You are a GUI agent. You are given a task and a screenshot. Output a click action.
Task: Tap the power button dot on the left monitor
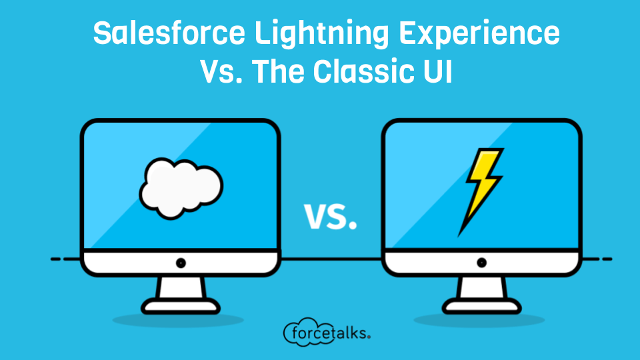(181, 263)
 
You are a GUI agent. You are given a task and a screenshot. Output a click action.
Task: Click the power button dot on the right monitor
(482, 263)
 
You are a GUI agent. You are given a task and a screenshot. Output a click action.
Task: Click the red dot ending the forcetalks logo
(369, 337)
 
